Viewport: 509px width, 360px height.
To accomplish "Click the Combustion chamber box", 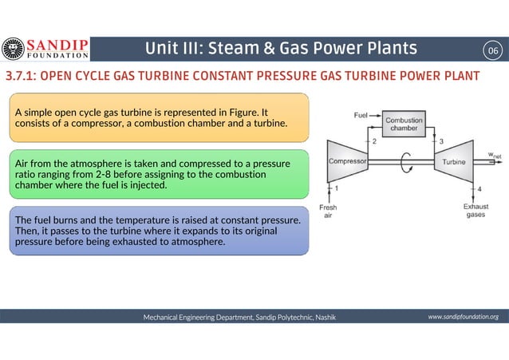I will click(404, 124).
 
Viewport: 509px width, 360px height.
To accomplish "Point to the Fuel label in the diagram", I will click(361, 115).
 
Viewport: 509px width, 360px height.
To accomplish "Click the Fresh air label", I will click(328, 211).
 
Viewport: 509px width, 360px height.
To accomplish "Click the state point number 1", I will click(337, 188).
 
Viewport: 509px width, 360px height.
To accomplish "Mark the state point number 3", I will click(441, 141).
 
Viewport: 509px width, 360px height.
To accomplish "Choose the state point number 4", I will click(479, 188).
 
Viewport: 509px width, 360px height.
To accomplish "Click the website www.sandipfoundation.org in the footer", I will click(463, 317).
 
